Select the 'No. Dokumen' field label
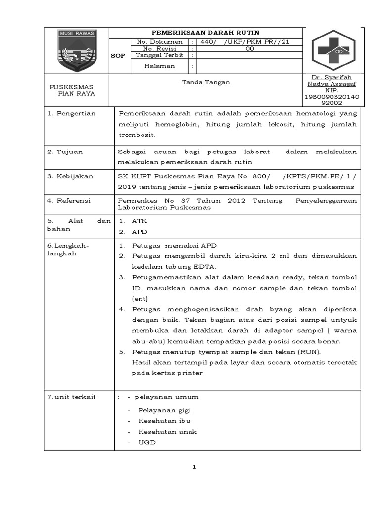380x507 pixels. pyautogui.click(x=159, y=42)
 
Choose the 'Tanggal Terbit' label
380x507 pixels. pyautogui.click(x=159, y=55)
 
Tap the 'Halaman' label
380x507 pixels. pyautogui.click(x=159, y=66)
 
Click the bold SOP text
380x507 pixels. pyautogui.click(x=118, y=56)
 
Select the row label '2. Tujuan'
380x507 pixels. pyautogui.click(x=65, y=152)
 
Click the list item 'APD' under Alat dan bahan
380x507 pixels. pyautogui.click(x=140, y=231)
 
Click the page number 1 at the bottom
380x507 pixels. pyautogui.click(x=194, y=467)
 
